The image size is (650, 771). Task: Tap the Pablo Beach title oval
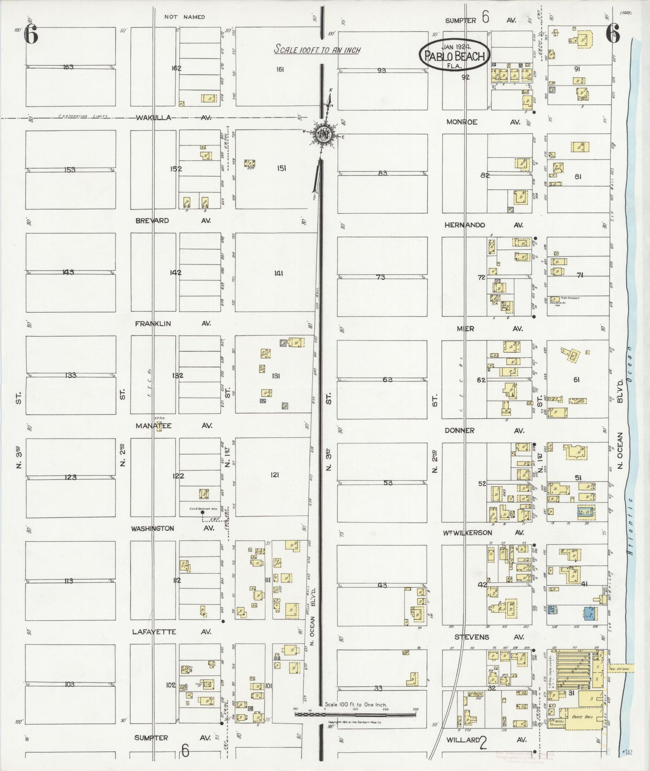454,56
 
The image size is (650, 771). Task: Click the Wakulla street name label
154,118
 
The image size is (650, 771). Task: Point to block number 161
280,69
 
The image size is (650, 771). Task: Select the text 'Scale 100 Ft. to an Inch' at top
318,50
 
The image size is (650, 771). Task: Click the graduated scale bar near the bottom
355,714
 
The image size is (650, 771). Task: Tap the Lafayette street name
154,632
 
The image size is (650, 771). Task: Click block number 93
381,70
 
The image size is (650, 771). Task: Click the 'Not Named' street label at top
184,17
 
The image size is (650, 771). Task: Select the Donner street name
459,430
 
